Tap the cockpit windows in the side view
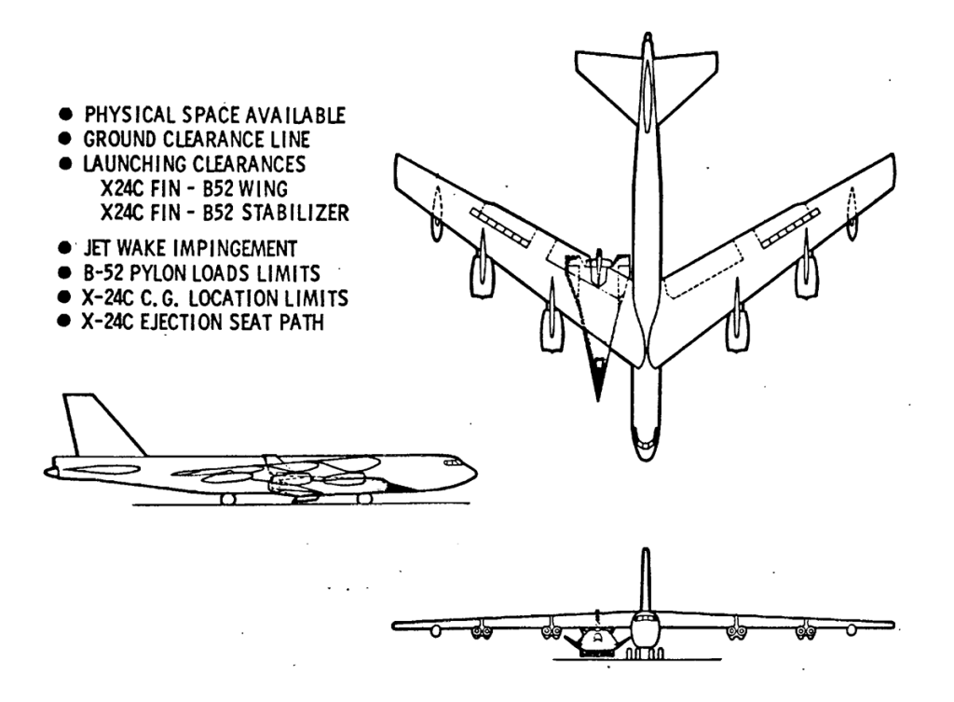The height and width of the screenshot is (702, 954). click(x=455, y=462)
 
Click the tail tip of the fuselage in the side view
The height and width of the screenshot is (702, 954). click(x=48, y=472)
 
